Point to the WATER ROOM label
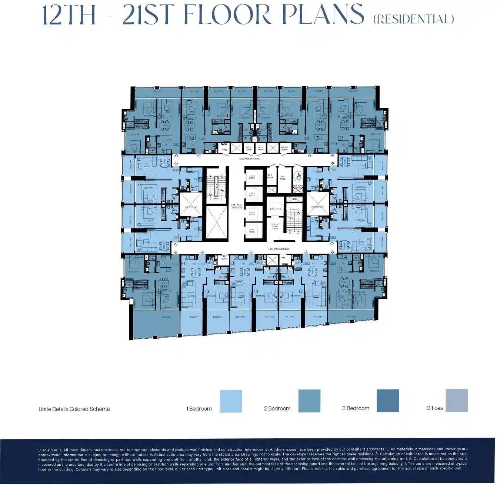(x=284, y=148)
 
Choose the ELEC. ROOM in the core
(x=283, y=178)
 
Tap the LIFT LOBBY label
(x=236, y=206)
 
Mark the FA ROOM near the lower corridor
(x=224, y=258)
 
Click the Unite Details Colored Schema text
(x=74, y=409)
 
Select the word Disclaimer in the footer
(x=48, y=451)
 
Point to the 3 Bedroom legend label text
(x=356, y=408)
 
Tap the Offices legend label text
(x=434, y=408)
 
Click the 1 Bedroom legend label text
(x=199, y=409)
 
